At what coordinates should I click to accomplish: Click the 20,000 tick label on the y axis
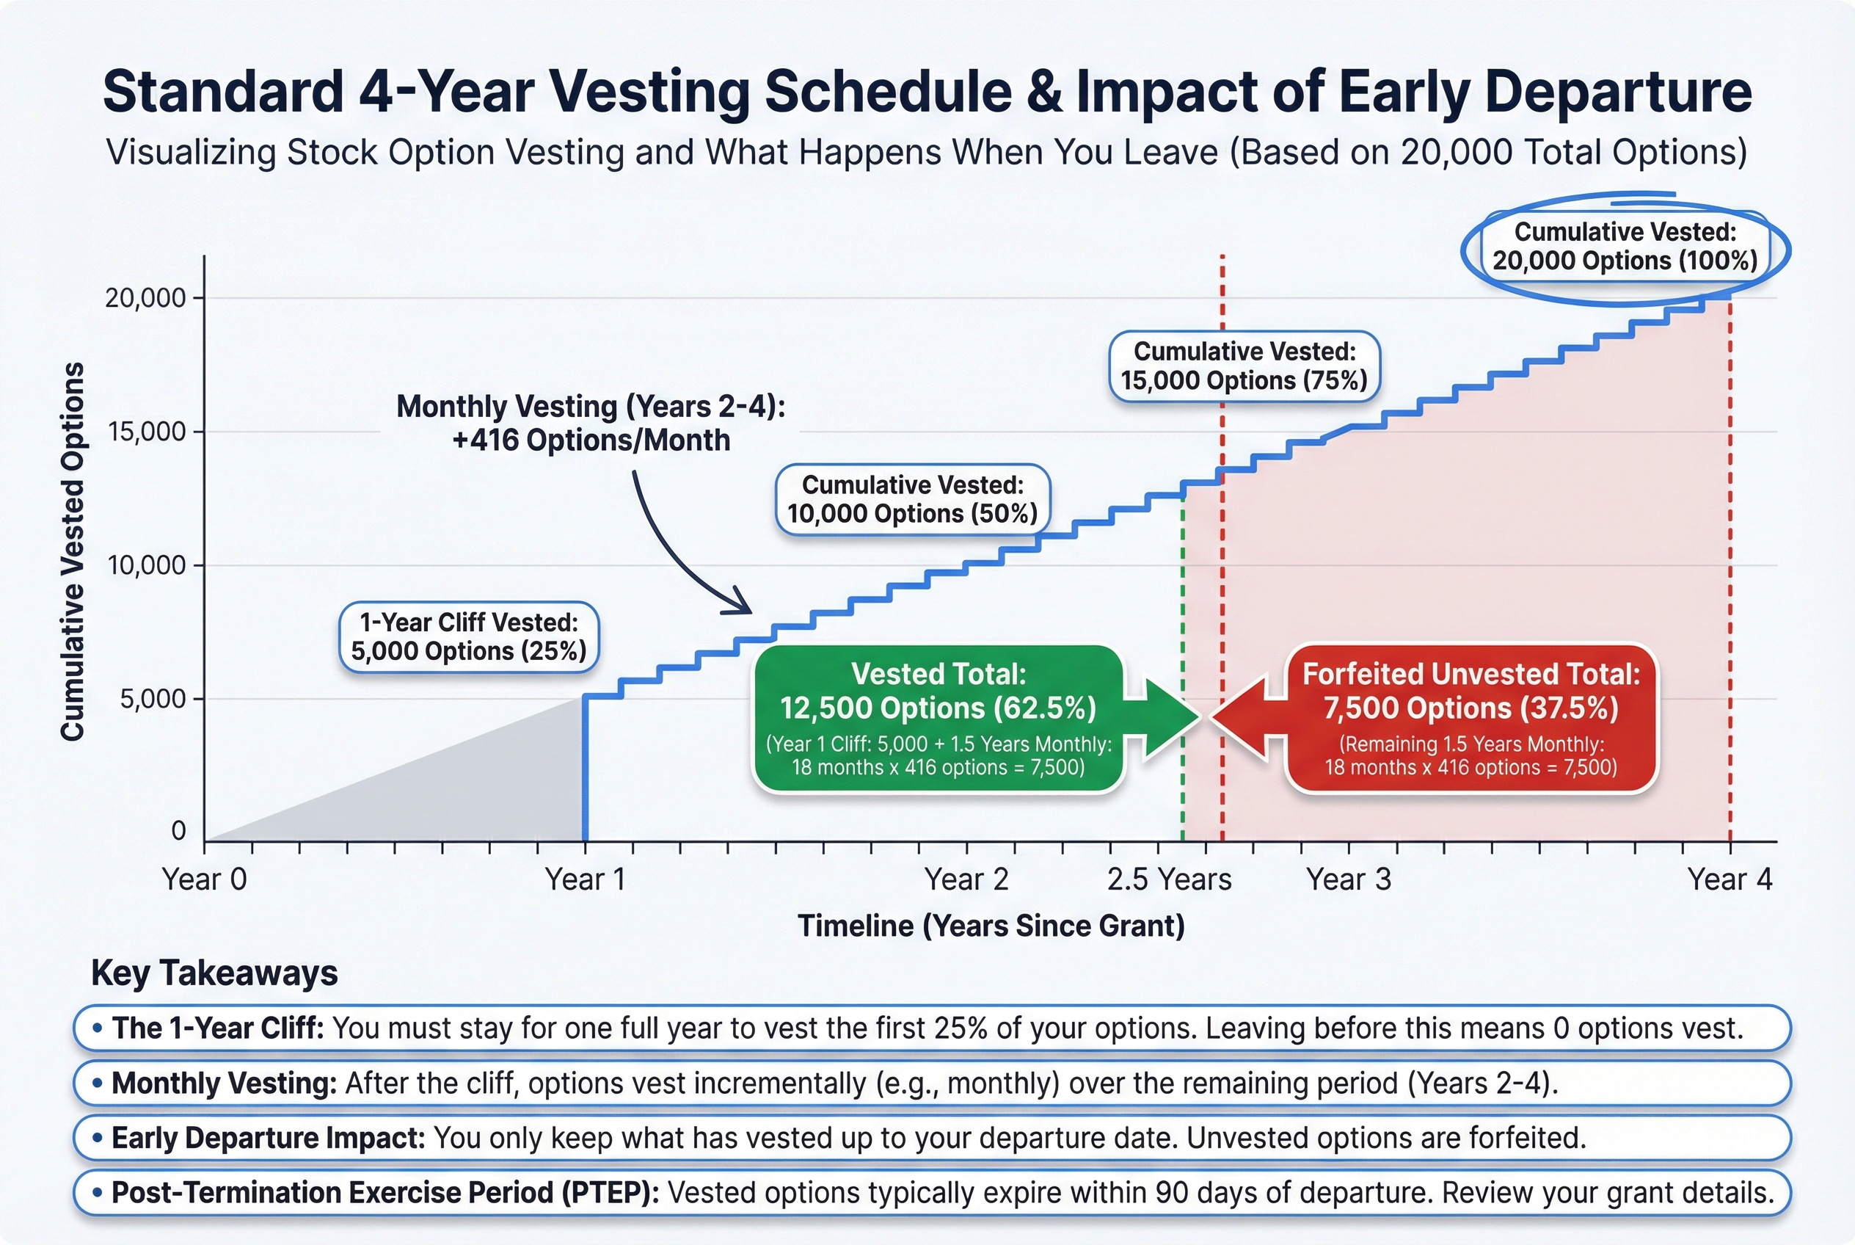145,299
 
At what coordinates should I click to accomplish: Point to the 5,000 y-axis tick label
153,700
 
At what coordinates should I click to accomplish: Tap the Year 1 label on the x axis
585,879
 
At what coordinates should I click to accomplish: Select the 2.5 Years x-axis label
1169,879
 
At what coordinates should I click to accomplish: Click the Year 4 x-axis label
1730,879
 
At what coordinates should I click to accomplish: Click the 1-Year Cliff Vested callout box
468,636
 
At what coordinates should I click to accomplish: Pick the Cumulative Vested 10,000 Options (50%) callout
912,499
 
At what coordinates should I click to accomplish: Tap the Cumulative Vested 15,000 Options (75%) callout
1244,366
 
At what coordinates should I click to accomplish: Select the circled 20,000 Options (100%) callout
1625,247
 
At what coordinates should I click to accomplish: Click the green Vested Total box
939,719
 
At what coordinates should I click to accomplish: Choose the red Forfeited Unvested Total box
1470,719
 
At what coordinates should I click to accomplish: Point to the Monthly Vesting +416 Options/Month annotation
591,424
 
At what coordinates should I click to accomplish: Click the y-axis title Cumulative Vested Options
73,552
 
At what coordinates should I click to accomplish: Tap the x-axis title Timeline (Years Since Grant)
991,926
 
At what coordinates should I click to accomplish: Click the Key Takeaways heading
214,973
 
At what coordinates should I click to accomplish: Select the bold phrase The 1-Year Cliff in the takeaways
217,1028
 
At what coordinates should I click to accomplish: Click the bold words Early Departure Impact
269,1138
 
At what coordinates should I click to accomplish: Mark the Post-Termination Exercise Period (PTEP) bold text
385,1193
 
